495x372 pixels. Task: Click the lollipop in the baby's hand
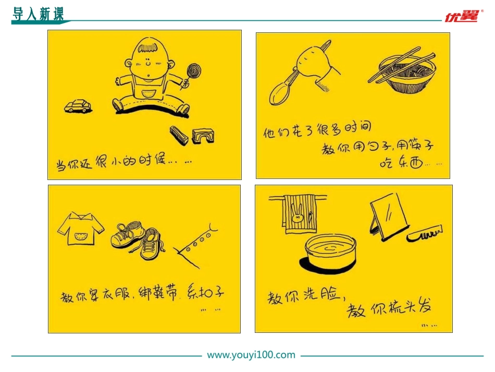193,71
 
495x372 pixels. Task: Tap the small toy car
78,106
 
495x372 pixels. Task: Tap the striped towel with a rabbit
299,214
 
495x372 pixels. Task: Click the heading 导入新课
38,14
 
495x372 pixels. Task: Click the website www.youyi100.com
251,355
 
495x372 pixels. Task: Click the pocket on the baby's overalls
148,94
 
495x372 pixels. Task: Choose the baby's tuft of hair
148,47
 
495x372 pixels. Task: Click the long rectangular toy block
179,135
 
